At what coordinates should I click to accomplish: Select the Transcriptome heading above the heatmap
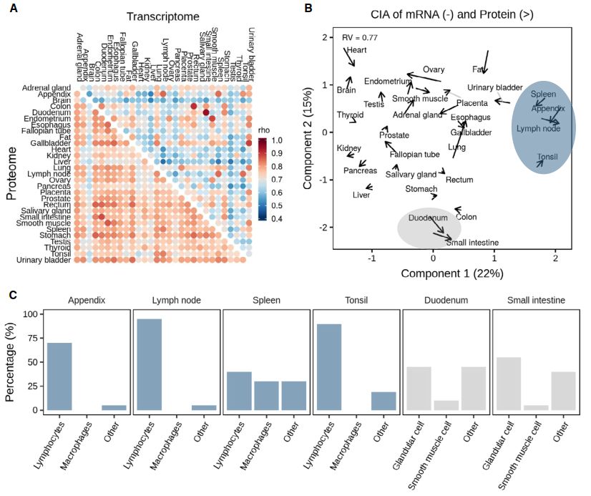161,16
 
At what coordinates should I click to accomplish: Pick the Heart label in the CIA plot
356,51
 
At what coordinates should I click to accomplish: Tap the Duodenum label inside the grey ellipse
429,218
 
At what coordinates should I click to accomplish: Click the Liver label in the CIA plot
361,195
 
